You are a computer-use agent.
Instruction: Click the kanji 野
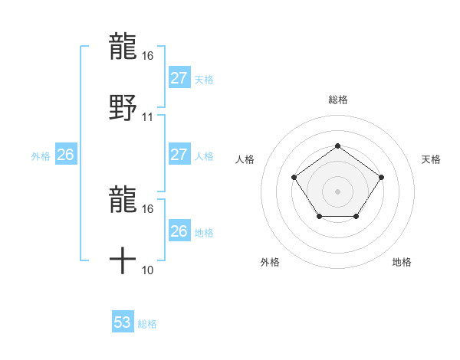(123, 107)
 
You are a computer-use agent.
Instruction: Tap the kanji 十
(123, 262)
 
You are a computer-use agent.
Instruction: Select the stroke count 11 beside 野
(148, 117)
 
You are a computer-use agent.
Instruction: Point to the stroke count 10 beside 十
(148, 270)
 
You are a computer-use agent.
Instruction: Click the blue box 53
(123, 322)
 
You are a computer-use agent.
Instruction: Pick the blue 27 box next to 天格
(179, 78)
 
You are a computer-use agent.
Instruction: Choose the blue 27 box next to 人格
(179, 155)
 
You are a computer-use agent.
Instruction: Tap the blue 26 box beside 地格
(179, 231)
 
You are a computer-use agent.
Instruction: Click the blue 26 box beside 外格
(65, 155)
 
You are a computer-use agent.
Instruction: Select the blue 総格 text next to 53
(147, 324)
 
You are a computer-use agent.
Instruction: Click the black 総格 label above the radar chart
(337, 100)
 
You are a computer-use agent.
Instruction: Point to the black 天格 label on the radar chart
(431, 159)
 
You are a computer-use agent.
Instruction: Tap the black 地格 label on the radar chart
(402, 262)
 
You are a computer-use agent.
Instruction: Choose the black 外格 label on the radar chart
(270, 262)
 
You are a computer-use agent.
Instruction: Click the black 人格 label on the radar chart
(245, 159)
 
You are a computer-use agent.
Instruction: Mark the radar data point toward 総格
(337, 146)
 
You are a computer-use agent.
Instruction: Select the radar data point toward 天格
(381, 178)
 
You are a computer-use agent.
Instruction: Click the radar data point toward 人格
(294, 178)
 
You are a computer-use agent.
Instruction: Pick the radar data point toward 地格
(356, 217)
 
